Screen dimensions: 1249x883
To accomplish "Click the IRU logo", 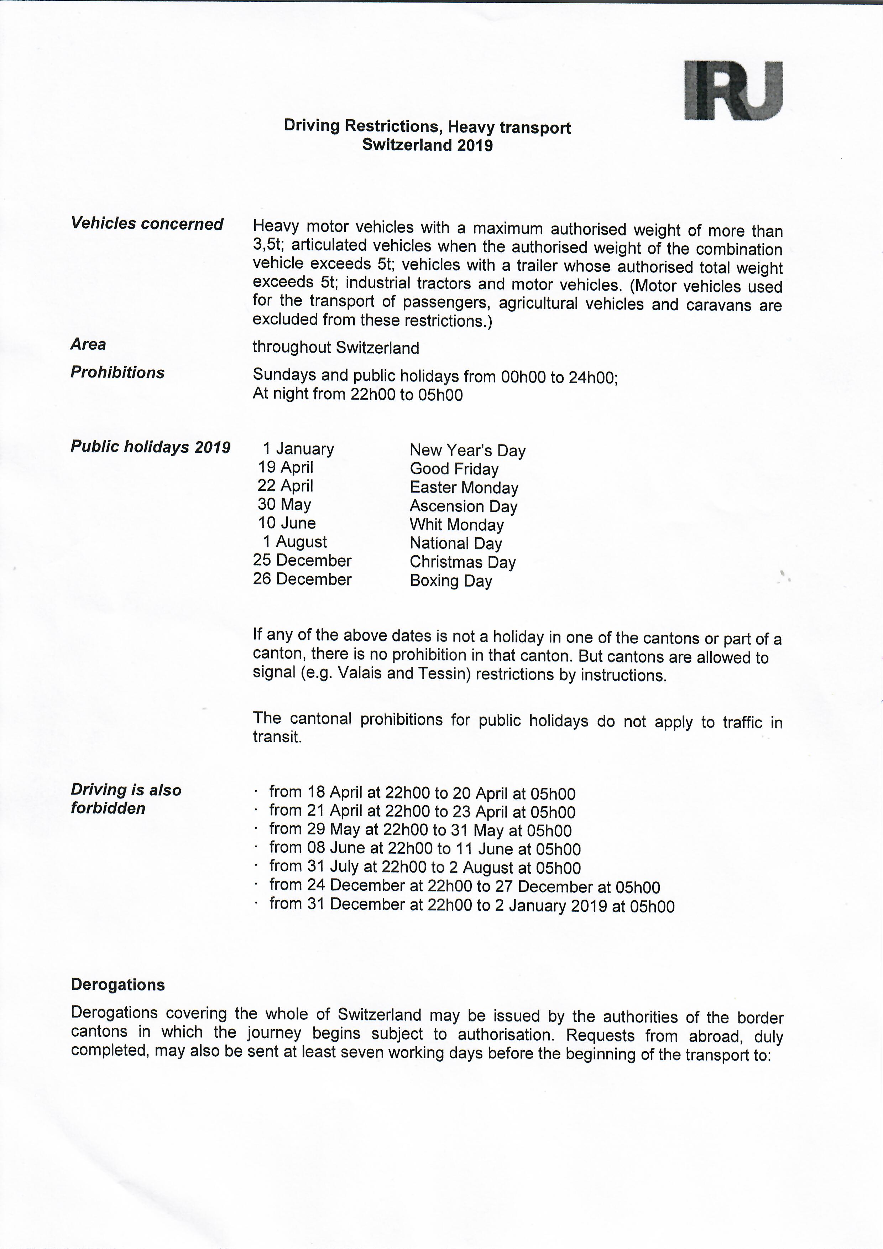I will (x=733, y=90).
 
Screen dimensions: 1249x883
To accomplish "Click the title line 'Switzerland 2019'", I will (x=427, y=145).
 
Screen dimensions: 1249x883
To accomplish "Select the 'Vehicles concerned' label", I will (x=147, y=224).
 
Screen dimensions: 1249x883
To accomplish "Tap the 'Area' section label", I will (x=88, y=344).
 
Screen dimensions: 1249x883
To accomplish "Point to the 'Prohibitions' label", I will (x=117, y=373).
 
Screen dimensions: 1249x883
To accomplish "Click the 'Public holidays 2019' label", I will (x=151, y=447).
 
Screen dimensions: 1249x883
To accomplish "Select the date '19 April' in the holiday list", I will (x=286, y=467).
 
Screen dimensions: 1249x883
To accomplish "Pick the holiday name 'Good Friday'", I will (x=454, y=469).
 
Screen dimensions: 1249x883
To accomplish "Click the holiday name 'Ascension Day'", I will (x=463, y=506).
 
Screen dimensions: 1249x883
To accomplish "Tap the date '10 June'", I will (x=287, y=523).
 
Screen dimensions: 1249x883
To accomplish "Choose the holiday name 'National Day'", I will (x=456, y=543).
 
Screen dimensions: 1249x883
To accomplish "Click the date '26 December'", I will (x=302, y=579).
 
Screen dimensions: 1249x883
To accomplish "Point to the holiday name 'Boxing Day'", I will (x=451, y=581).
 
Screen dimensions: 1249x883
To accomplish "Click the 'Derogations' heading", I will (x=118, y=985).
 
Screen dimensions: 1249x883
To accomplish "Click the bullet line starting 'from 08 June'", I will (x=425, y=849).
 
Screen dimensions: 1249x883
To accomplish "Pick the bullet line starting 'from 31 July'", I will (x=425, y=867).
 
